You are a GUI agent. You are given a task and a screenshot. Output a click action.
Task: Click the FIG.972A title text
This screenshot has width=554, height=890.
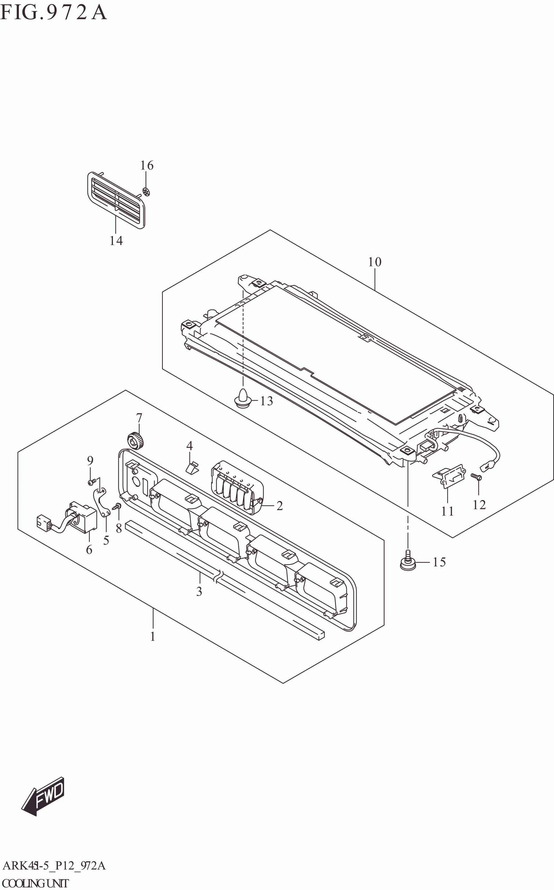click(x=53, y=13)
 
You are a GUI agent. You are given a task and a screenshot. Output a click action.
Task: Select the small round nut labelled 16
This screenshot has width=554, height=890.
click(x=146, y=191)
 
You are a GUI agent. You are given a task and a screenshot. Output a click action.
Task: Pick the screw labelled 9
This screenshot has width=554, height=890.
click(x=91, y=482)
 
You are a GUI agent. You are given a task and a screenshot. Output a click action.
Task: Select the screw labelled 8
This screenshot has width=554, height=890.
click(x=117, y=507)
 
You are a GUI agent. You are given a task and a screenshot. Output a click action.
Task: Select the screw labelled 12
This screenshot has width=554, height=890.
click(x=476, y=477)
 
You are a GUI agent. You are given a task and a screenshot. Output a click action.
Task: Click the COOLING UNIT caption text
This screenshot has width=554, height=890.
click(x=35, y=883)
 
